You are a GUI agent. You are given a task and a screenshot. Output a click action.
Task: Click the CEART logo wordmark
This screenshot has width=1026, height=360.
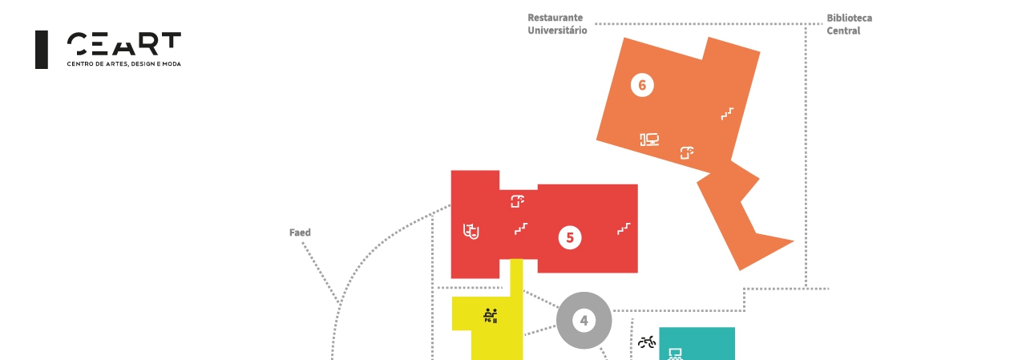tap(123, 43)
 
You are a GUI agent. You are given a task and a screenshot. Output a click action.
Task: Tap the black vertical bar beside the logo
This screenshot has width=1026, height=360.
tap(42, 50)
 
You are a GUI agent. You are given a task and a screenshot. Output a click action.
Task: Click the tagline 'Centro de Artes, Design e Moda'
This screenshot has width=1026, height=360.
tap(123, 63)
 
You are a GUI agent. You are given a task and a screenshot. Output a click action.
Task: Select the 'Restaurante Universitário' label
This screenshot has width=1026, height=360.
tap(557, 24)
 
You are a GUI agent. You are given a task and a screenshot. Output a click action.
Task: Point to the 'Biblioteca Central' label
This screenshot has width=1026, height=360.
tap(849, 24)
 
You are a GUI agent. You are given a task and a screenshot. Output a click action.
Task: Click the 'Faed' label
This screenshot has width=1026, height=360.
tap(300, 233)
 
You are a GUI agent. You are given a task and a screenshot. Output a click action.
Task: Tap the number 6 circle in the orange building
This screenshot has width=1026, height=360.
tap(642, 85)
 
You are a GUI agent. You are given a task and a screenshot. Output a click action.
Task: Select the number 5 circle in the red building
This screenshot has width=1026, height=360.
tap(570, 237)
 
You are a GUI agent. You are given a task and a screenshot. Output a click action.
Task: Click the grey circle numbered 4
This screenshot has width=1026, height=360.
tap(584, 321)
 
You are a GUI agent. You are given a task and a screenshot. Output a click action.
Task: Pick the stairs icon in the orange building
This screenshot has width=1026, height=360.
tap(727, 114)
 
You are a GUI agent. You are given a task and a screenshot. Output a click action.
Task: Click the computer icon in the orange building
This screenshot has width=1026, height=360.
tap(649, 140)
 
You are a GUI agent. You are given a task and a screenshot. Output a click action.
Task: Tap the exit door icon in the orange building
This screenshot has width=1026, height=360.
tap(687, 152)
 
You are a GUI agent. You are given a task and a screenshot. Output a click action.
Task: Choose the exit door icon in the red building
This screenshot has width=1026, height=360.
tap(518, 201)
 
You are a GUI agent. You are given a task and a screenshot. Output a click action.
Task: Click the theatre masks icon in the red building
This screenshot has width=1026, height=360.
tap(471, 232)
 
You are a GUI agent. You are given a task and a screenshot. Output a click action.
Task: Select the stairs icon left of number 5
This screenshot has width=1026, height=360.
tap(521, 229)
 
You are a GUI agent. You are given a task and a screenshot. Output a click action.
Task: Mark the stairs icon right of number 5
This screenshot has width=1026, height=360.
tap(624, 229)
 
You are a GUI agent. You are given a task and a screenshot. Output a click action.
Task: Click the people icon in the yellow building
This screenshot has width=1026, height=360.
tap(491, 315)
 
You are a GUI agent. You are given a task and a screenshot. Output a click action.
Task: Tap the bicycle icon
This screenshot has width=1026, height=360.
tap(647, 342)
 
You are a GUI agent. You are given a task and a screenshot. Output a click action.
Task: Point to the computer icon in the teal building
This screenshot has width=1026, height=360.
tap(675, 354)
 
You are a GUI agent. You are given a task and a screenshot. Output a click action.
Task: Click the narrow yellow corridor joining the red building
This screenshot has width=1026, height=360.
tap(517, 277)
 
